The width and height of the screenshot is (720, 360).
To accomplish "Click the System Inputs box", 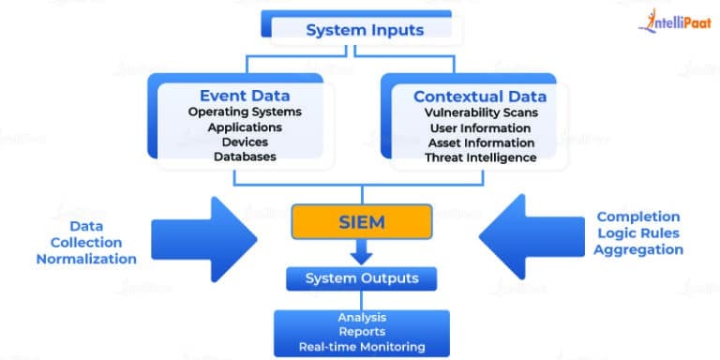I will (x=365, y=30).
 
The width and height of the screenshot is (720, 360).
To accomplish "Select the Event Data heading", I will (x=244, y=96).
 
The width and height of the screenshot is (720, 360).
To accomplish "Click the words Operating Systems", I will (x=244, y=112).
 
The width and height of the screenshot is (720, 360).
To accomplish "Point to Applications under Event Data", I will (x=244, y=127).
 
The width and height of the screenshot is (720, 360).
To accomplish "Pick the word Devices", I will (x=244, y=142).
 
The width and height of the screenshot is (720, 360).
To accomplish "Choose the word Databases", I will (x=244, y=157).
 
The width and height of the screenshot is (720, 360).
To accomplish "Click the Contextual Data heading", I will (x=480, y=96).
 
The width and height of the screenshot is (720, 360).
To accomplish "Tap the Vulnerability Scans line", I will (x=480, y=112).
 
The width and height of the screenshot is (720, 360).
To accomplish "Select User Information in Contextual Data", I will (x=480, y=127).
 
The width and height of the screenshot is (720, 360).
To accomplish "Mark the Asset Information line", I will (x=480, y=142).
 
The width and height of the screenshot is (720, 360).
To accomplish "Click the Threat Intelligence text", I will (x=480, y=157).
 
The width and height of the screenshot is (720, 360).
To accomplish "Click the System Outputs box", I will (x=360, y=278).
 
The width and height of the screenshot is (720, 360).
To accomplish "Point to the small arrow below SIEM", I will (x=360, y=251).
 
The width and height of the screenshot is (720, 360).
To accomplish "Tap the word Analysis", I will (x=362, y=318).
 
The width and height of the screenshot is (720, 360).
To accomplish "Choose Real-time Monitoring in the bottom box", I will (x=362, y=346).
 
